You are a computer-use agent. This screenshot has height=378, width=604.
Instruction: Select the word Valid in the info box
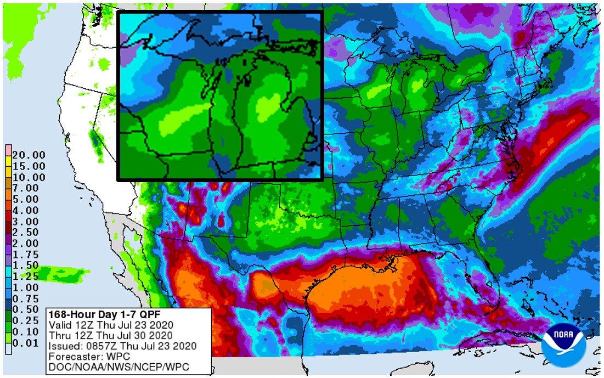pos(59,325)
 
